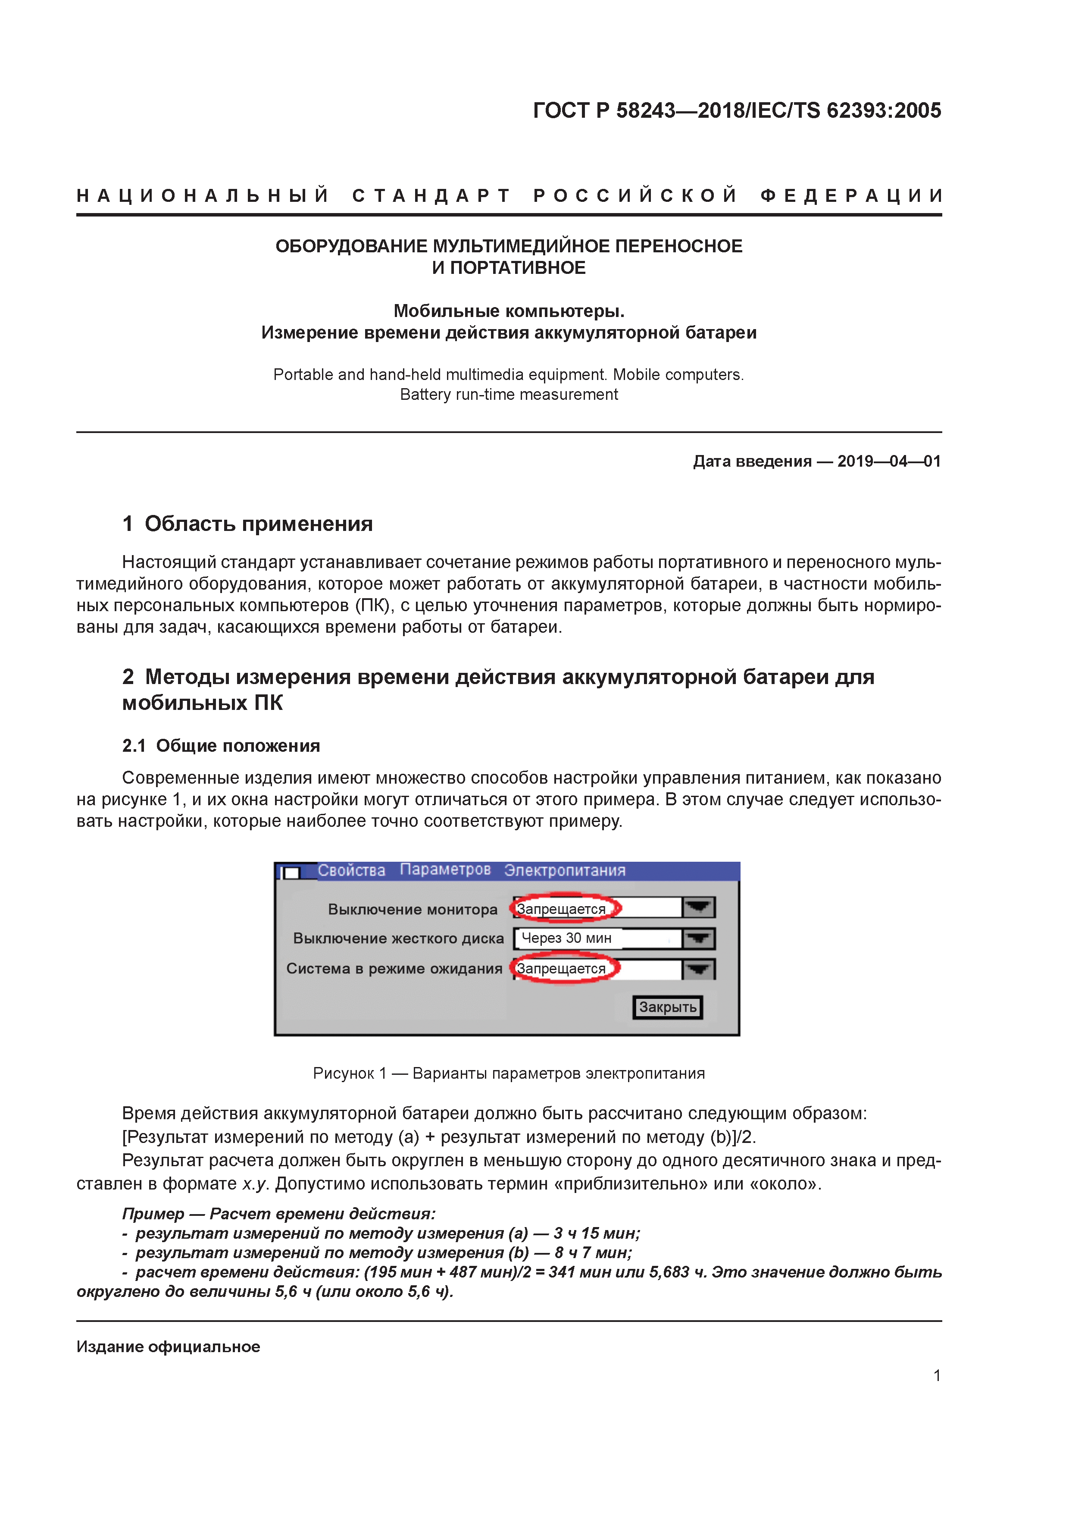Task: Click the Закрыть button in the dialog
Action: (667, 1007)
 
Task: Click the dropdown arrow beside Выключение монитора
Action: (698, 907)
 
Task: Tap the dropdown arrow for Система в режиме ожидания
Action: (698, 969)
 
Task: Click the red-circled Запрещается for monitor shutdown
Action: (561, 909)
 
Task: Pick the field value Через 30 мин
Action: (566, 938)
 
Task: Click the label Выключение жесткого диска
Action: (398, 939)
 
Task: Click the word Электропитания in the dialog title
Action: (565, 870)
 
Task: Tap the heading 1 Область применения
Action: (248, 524)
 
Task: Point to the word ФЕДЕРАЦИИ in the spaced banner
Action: (851, 196)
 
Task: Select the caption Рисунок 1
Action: (349, 1074)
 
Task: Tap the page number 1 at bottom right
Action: (937, 1375)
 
